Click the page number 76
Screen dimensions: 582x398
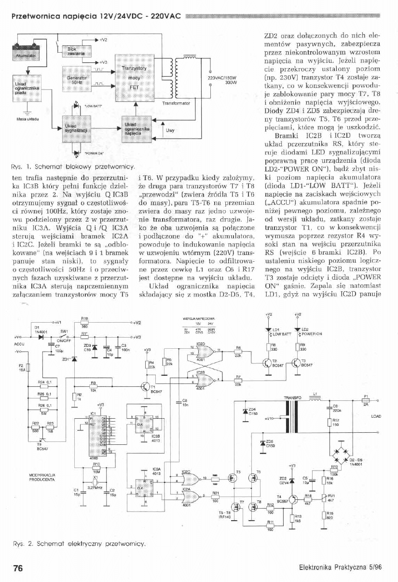18,568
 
